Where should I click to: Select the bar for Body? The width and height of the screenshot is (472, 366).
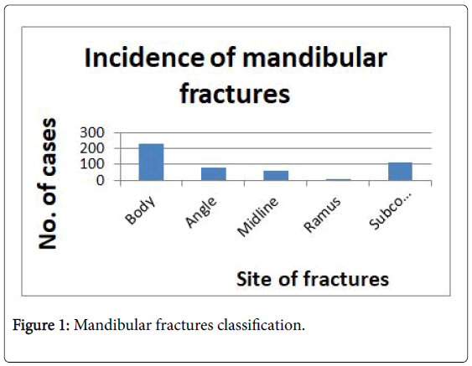(151, 162)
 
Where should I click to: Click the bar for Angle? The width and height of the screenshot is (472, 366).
(214, 174)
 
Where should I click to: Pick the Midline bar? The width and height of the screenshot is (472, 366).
(276, 176)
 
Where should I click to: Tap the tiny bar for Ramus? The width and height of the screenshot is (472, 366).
(339, 179)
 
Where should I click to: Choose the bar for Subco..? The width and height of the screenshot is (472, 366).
(401, 172)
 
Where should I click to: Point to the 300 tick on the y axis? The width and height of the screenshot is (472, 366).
(92, 132)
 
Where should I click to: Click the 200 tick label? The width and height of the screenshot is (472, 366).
(92, 148)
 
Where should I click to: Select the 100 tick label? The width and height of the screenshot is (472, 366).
(92, 164)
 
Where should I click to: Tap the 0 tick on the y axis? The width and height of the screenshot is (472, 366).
(101, 180)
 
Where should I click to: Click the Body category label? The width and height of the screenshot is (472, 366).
(141, 210)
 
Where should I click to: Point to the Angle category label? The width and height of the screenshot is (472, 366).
(201, 213)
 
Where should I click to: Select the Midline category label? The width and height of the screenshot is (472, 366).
(258, 217)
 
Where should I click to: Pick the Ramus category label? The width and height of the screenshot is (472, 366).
(323, 214)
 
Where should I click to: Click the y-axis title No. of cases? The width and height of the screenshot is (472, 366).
(48, 183)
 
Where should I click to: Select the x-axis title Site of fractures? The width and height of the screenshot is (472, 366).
(313, 279)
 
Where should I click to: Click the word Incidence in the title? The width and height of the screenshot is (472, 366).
(144, 58)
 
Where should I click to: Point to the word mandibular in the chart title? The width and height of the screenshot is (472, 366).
(314, 58)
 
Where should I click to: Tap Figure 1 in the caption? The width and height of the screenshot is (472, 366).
(41, 326)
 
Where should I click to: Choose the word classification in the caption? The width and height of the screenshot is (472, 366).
(261, 325)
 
